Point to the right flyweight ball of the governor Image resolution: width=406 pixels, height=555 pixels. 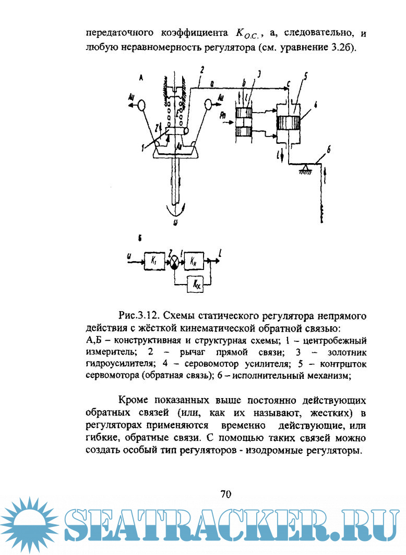point(210,105)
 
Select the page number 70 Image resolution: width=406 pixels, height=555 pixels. point(225,494)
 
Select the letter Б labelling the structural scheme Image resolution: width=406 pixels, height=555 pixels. point(140,238)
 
